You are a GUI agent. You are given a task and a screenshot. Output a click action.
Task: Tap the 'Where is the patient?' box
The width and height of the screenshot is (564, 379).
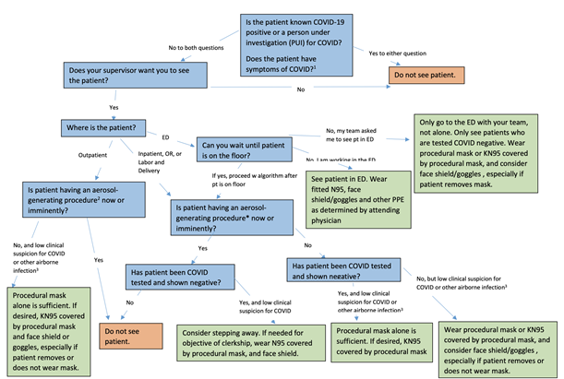[x=102, y=126]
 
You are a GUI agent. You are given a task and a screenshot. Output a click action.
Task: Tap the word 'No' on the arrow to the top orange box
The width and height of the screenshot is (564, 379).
[x=299, y=90]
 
